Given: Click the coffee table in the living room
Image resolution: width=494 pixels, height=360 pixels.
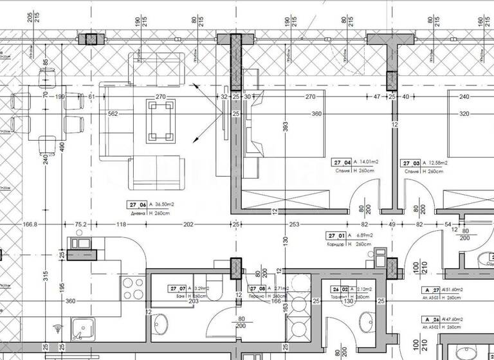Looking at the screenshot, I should click(x=160, y=119).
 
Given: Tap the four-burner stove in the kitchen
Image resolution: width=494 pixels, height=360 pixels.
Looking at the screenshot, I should click(x=132, y=285).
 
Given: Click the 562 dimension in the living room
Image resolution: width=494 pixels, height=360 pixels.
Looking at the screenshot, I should click(x=112, y=114).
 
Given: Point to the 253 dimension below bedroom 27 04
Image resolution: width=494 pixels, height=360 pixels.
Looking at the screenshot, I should click(x=294, y=225).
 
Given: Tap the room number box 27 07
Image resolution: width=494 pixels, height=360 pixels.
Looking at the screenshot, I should click(x=177, y=289).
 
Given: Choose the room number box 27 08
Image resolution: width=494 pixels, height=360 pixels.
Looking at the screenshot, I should click(x=258, y=289).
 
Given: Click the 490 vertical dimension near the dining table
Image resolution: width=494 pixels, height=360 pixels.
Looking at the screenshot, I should click(x=63, y=147).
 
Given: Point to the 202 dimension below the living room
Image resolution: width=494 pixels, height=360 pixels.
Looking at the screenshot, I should click(x=188, y=225).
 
